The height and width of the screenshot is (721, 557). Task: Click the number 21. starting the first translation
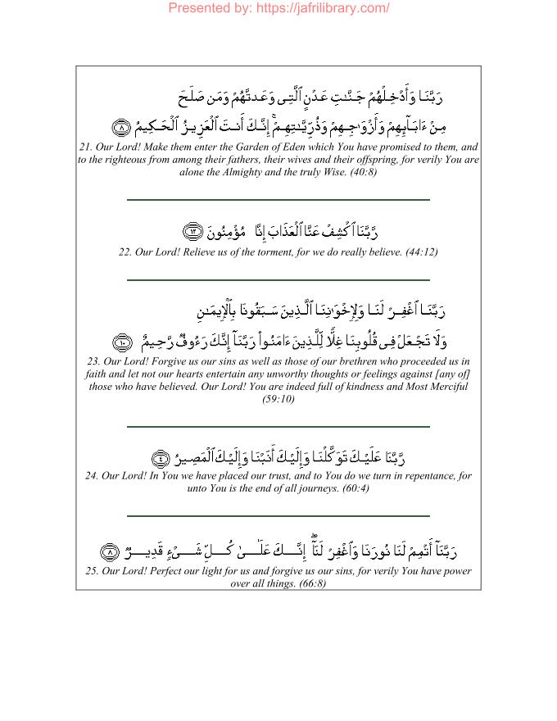tap(87, 147)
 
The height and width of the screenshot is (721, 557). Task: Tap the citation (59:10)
tap(278, 399)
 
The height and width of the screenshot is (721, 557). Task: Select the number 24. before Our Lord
tap(93, 475)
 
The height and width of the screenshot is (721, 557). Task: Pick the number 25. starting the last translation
tap(88, 570)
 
